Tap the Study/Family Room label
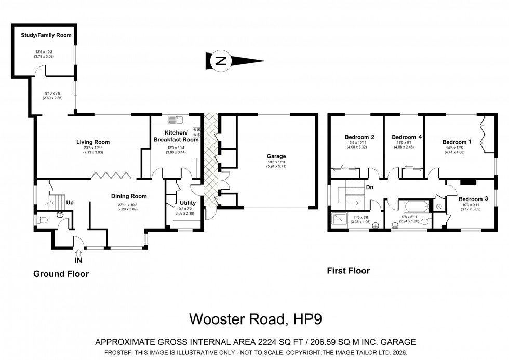[x=46, y=35]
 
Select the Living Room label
[x=93, y=142]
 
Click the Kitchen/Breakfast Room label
[x=176, y=136]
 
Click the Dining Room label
[x=129, y=196]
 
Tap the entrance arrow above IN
[x=78, y=252]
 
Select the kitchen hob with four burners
[x=197, y=132]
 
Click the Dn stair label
[x=369, y=187]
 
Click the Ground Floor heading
[x=61, y=274]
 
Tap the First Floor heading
[x=347, y=270]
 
